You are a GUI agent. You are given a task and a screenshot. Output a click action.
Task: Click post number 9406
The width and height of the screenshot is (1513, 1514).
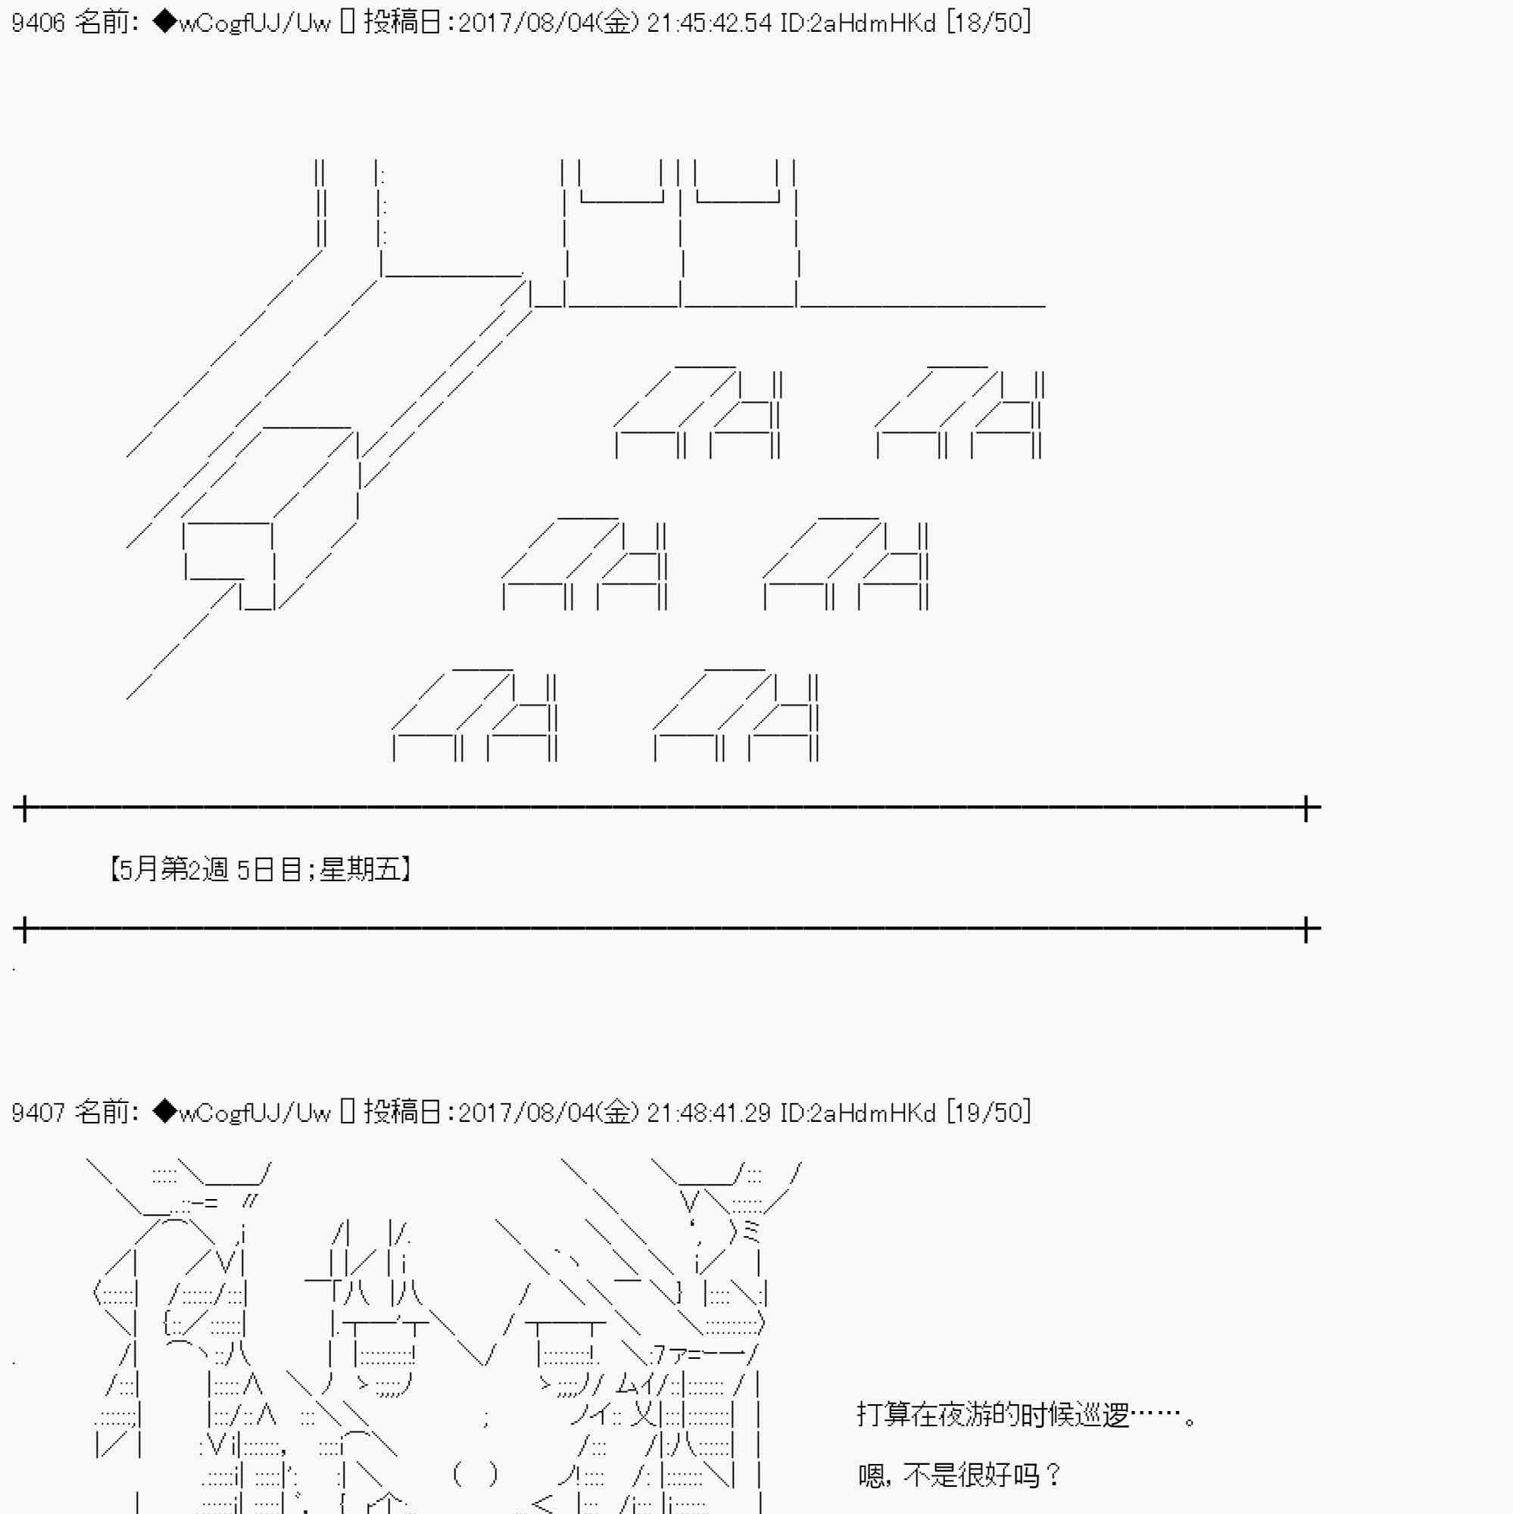click(x=39, y=23)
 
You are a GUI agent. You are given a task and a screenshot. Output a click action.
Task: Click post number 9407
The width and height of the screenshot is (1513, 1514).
click(x=39, y=1112)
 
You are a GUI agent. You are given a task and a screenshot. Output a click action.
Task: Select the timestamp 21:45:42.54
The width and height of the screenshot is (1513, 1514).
click(x=710, y=23)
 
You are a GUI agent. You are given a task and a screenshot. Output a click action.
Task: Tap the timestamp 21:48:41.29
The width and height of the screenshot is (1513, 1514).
click(x=710, y=1112)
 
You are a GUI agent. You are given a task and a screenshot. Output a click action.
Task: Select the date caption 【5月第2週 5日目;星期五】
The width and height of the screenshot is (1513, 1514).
click(x=261, y=869)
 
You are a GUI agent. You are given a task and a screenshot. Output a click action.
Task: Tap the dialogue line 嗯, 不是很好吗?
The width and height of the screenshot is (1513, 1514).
click(x=959, y=1475)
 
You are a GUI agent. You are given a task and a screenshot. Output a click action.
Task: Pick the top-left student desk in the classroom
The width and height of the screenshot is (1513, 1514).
click(x=697, y=411)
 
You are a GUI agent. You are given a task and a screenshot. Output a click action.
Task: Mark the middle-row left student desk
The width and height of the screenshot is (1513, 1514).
click(x=585, y=563)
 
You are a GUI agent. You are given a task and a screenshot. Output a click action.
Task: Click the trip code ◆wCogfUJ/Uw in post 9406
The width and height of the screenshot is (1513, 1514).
click(x=242, y=23)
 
